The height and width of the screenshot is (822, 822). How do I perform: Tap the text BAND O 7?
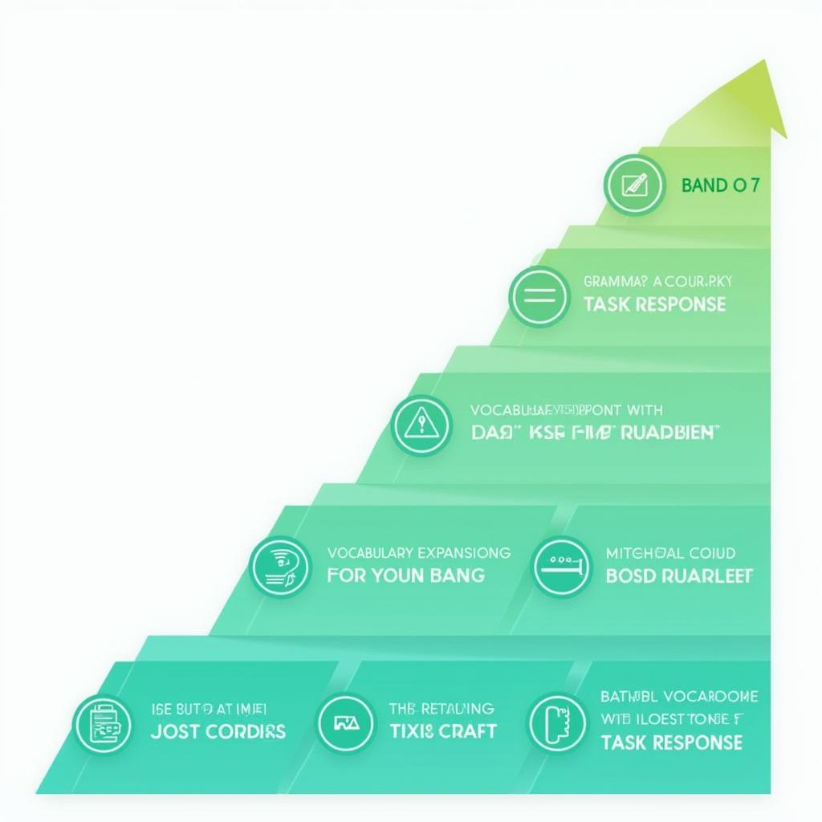point(719,185)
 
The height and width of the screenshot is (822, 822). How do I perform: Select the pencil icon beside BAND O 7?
point(634,185)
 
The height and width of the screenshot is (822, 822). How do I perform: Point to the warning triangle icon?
point(421,425)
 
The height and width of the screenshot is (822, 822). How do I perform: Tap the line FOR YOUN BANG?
point(405,575)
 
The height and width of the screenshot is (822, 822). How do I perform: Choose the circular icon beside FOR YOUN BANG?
point(280,566)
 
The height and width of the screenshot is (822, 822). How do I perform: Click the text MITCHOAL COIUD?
point(671,553)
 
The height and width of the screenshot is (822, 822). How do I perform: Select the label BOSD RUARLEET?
point(679,576)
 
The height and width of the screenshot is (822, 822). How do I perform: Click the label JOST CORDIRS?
point(218,731)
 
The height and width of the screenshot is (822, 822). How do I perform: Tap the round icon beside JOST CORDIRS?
point(103,723)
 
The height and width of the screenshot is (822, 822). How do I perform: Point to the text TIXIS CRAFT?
point(442,731)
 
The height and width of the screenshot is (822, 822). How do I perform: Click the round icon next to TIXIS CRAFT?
point(345,723)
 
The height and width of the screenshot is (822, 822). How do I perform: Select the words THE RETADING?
point(442,708)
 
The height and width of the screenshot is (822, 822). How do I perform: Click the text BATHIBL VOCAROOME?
point(679,696)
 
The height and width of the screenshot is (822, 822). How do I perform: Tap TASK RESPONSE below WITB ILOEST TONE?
point(671,742)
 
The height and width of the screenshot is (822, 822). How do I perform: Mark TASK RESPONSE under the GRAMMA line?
point(654,304)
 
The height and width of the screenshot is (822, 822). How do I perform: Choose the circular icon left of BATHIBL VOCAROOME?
point(555,723)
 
